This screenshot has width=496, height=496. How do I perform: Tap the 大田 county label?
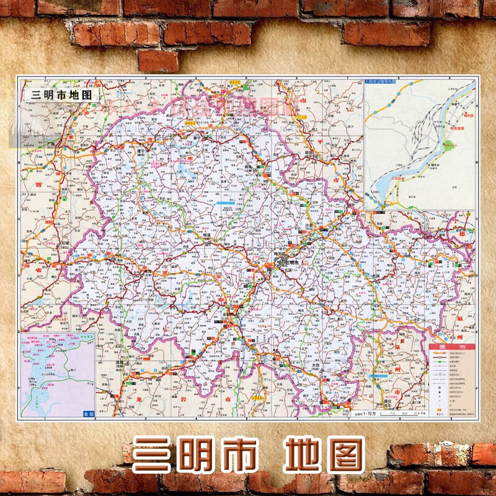(316, 367)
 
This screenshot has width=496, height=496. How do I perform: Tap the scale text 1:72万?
(370, 412)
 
